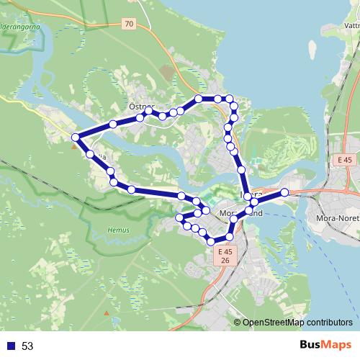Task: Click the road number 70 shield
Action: click(x=128, y=24)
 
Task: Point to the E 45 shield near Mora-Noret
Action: click(x=345, y=160)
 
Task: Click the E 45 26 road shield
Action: click(x=225, y=256)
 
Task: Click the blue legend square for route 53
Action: click(x=11, y=346)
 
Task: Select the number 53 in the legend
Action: click(x=27, y=346)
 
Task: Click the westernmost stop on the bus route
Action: click(x=75, y=137)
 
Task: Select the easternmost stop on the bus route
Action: click(x=284, y=192)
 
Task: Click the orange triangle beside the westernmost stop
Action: click(x=73, y=146)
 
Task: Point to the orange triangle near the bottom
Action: click(x=107, y=314)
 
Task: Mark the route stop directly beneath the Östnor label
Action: click(x=140, y=115)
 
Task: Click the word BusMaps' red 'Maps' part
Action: click(x=334, y=346)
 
